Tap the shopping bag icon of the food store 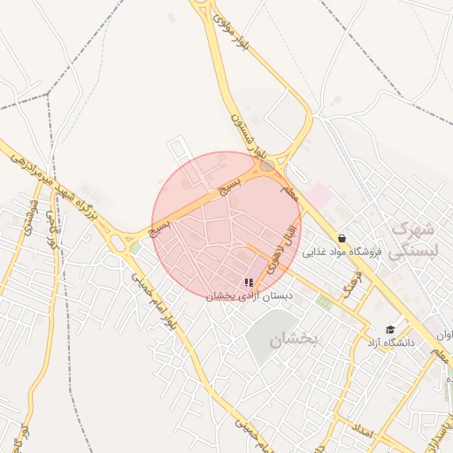click(342, 238)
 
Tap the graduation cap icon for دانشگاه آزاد click(390, 329)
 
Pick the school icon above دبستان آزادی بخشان click(248, 282)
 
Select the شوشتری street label click(32, 226)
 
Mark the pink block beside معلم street click(316, 195)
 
